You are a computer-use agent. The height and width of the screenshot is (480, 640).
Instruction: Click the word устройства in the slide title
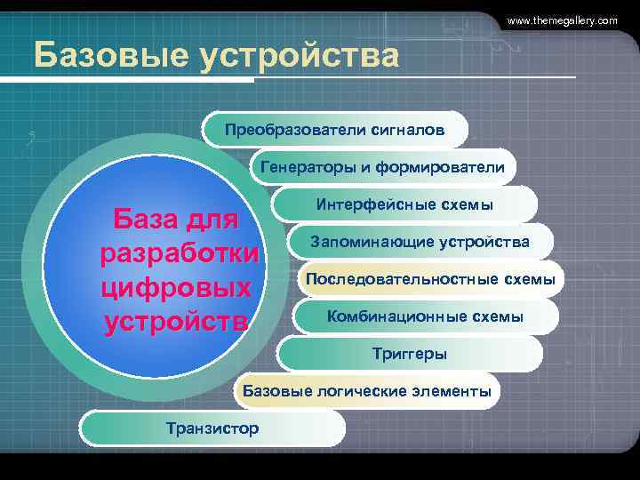point(300,56)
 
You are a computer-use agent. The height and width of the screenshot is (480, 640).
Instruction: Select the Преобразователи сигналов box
point(334,130)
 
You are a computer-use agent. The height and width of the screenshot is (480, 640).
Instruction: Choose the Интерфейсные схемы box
point(404,204)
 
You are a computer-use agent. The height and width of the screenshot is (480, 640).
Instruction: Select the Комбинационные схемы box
point(425,316)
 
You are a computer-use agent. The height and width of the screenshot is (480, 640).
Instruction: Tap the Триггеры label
point(409,354)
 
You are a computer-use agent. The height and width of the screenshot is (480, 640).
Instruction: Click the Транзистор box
point(212,428)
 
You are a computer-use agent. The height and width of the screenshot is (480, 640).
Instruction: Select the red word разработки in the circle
point(180,253)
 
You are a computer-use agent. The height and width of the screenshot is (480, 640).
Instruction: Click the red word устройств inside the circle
point(175,321)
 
